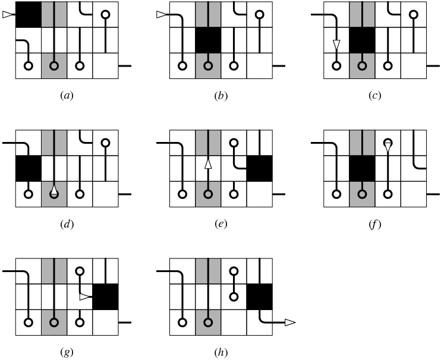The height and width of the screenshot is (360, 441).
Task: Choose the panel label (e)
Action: point(220,225)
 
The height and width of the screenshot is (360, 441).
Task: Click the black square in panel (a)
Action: point(28,14)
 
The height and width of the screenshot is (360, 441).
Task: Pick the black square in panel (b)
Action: point(208,40)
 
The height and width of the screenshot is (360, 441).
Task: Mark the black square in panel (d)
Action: point(28,168)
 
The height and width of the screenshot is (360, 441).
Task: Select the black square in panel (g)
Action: point(105,296)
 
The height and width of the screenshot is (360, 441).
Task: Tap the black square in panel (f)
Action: point(362,168)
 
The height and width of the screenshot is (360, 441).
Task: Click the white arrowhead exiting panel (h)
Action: point(289,323)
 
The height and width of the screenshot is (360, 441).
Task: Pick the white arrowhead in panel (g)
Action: point(86,296)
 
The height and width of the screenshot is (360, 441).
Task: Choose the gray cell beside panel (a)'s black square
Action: point(53,14)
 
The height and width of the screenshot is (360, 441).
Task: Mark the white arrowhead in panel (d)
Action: point(54,190)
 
